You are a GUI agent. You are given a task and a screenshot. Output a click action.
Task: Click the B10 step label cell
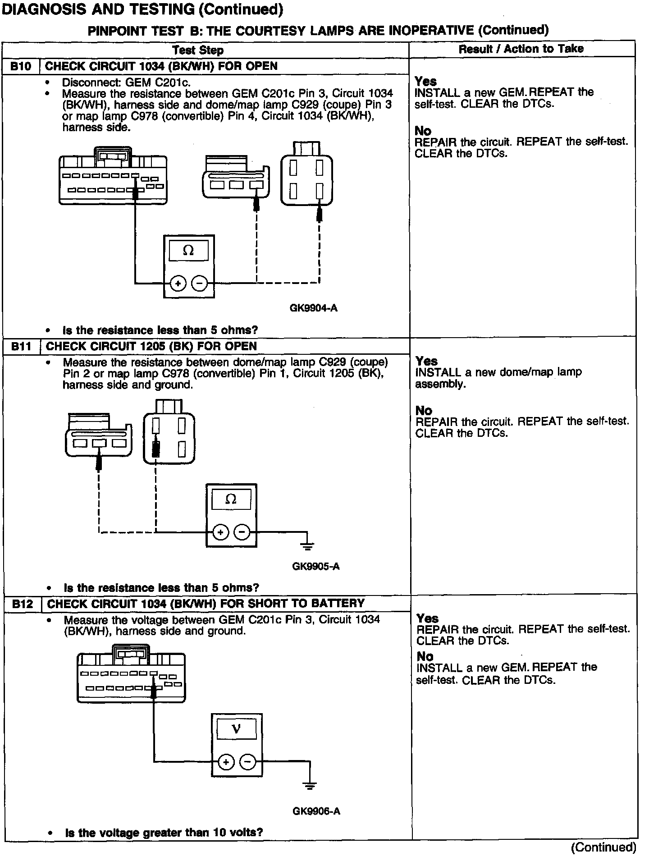21,66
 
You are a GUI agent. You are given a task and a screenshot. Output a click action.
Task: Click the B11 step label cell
21,346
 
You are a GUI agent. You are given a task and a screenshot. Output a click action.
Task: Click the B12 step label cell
23,604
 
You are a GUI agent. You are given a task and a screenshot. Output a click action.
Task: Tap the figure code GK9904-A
313,308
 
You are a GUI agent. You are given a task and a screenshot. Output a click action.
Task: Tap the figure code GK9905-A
315,567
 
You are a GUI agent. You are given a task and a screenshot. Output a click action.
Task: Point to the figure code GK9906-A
316,811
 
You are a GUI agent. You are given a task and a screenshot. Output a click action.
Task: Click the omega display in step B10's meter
188,251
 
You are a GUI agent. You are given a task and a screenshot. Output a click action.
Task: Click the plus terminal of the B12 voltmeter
226,762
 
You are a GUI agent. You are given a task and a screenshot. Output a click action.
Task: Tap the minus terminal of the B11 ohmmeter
242,532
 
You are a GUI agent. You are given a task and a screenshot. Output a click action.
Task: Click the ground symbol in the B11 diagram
307,546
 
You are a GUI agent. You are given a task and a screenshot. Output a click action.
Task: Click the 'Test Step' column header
198,50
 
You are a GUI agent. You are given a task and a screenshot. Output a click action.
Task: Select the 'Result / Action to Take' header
521,49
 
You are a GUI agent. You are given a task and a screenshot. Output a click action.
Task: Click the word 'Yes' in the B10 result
425,82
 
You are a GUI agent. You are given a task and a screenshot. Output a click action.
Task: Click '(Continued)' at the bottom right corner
603,847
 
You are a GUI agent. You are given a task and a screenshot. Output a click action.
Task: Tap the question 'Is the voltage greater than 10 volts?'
164,833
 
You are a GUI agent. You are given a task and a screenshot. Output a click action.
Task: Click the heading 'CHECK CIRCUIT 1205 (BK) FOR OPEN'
151,346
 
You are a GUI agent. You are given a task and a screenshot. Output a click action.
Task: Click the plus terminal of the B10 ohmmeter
178,284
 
